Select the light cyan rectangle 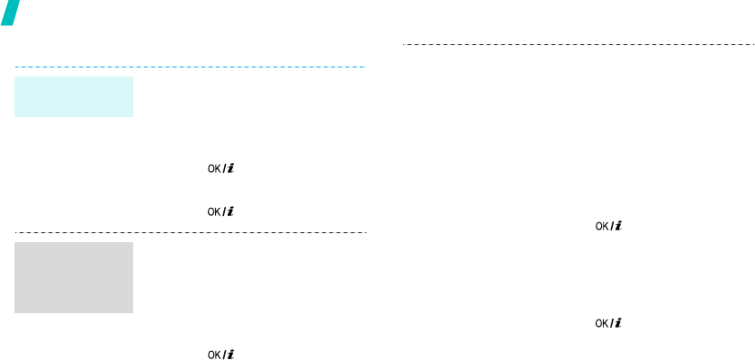point(74,96)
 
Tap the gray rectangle point(74,277)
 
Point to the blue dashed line point(190,67)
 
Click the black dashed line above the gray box point(190,232)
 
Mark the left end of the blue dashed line point(16,67)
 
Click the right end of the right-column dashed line point(752,43)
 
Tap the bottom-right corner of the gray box point(132,312)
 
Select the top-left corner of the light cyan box point(15,76)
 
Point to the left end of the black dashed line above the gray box point(16,232)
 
